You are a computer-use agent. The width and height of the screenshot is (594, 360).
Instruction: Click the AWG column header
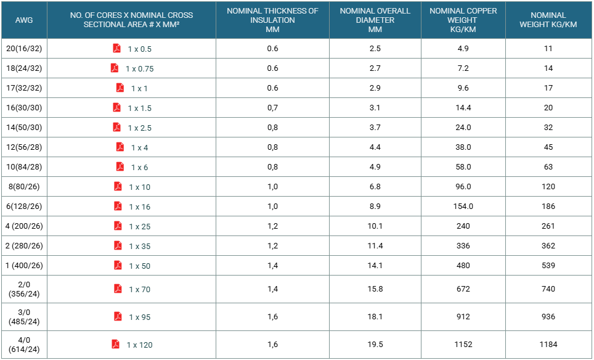24,20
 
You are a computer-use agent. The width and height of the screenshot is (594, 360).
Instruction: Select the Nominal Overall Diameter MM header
375,20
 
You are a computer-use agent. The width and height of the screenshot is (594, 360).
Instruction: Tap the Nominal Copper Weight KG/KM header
463,20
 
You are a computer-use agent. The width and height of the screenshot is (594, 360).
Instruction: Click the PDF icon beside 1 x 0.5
116,49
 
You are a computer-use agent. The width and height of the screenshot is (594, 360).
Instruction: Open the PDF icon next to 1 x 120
116,344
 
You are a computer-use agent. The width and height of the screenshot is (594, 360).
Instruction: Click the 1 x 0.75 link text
140,68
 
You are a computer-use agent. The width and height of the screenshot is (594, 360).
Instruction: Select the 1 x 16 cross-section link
140,207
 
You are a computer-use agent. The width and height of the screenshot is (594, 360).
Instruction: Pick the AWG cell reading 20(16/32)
24,49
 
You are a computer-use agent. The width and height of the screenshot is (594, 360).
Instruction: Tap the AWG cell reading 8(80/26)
24,186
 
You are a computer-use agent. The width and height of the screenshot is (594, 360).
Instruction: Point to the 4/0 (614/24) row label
24,345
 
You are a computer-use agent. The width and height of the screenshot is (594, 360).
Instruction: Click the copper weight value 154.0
463,206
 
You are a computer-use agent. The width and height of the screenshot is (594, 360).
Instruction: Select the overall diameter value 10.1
375,226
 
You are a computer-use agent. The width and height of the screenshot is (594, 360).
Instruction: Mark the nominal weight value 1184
548,344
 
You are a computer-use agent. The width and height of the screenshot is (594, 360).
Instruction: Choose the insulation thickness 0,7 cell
272,108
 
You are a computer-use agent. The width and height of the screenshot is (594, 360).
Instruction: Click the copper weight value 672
463,288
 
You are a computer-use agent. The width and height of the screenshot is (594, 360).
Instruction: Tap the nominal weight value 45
548,147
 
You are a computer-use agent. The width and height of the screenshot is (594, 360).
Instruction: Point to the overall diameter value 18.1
375,316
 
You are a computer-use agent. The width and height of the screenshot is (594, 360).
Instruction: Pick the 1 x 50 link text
140,266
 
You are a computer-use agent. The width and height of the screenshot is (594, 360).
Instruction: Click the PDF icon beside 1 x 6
120,166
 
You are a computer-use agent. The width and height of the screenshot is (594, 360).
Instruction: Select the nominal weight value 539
548,265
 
